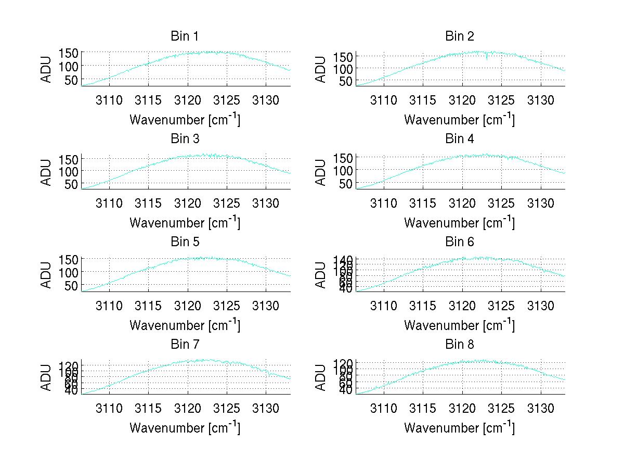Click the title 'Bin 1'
coord(184,36)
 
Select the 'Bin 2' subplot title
coord(459,36)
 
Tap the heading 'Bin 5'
coord(184,242)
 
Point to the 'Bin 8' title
coord(459,345)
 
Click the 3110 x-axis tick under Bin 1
coord(109,100)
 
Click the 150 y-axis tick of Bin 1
coord(68,53)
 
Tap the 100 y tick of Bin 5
coord(68,272)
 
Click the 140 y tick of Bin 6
coord(342,259)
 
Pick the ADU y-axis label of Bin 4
coord(321,172)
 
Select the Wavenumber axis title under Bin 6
coord(459,325)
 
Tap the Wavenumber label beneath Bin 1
coord(184,119)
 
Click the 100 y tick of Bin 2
coord(342,68)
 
